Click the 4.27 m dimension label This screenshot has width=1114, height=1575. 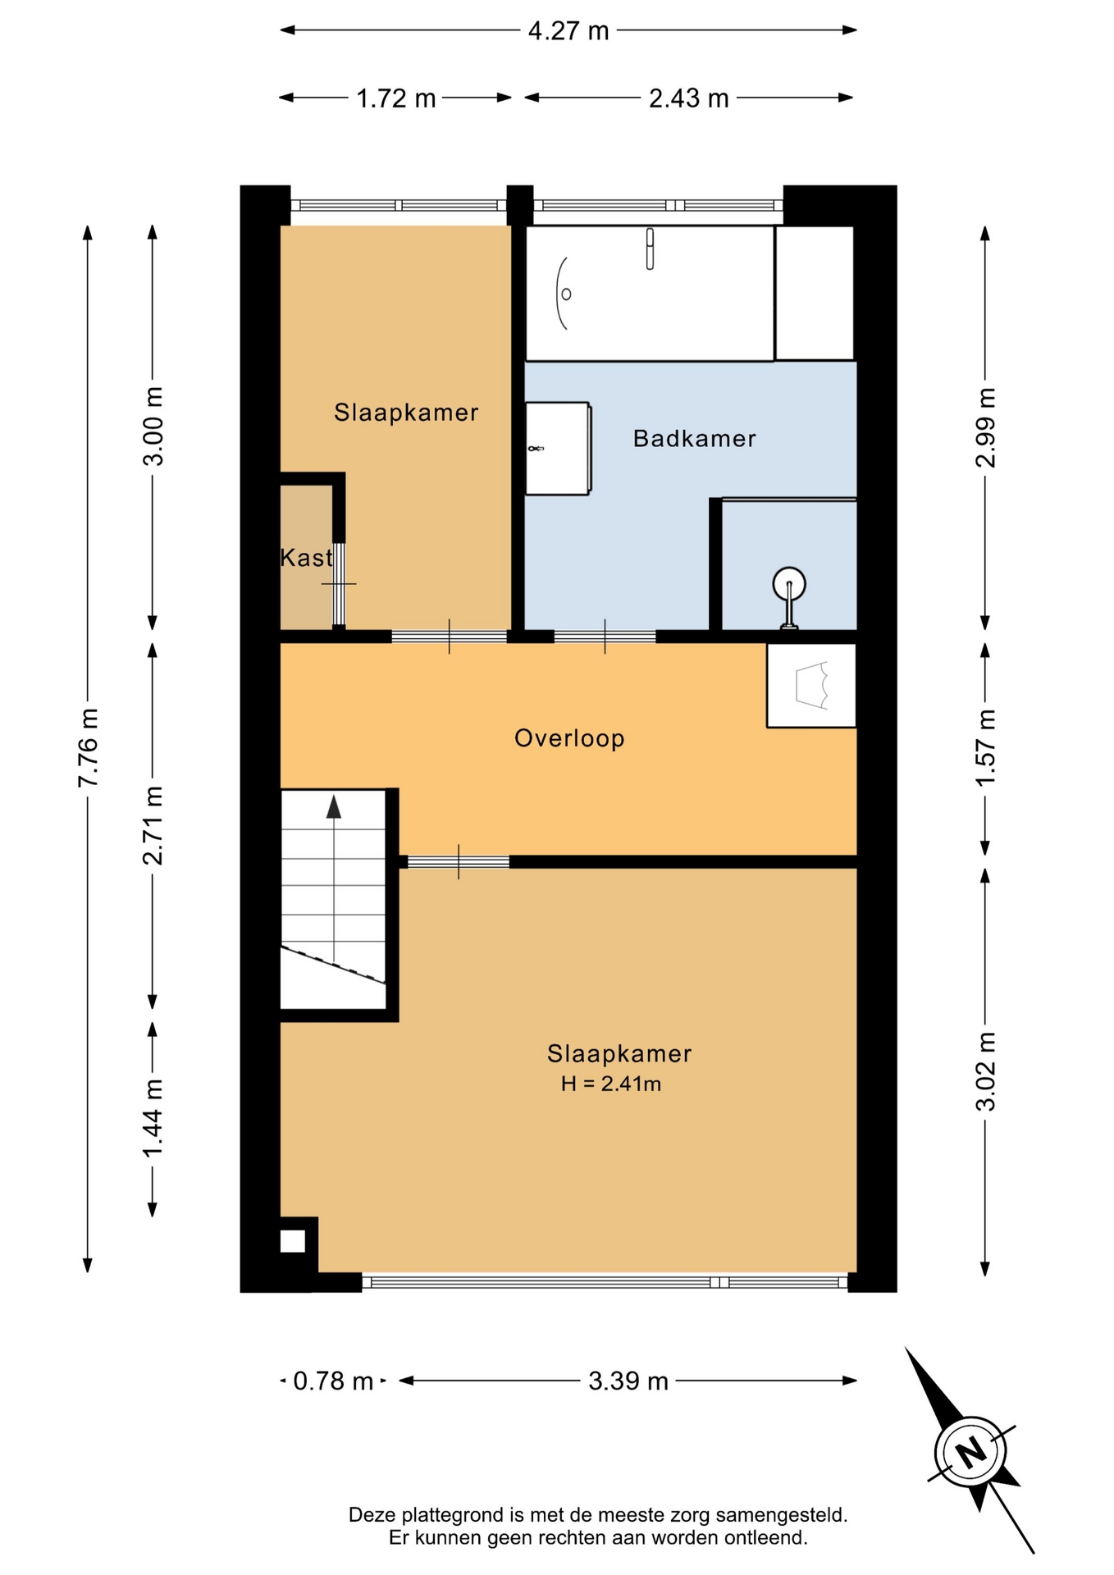pyautogui.click(x=568, y=31)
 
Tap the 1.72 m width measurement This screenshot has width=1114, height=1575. pyautogui.click(x=395, y=98)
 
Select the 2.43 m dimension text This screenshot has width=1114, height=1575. pyautogui.click(x=688, y=98)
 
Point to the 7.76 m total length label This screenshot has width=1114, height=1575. pyautogui.click(x=88, y=747)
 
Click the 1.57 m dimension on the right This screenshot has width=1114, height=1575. pyautogui.click(x=985, y=747)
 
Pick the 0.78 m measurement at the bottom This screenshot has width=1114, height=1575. pyautogui.click(x=333, y=1381)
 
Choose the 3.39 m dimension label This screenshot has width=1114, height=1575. pyautogui.click(x=628, y=1381)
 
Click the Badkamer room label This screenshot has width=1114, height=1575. pyautogui.click(x=694, y=439)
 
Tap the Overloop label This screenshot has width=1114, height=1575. pyautogui.click(x=569, y=738)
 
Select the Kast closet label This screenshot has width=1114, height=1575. pyautogui.click(x=306, y=558)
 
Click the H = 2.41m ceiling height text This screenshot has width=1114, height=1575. pyautogui.click(x=611, y=1084)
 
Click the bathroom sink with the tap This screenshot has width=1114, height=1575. pyautogui.click(x=558, y=449)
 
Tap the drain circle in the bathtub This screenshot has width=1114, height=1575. pyautogui.click(x=566, y=294)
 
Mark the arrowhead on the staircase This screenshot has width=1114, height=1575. pyautogui.click(x=334, y=806)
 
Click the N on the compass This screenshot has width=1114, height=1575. pyautogui.click(x=971, y=1453)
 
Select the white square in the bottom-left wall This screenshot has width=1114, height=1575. pyautogui.click(x=293, y=1241)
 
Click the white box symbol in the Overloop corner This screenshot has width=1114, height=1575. pyautogui.click(x=811, y=685)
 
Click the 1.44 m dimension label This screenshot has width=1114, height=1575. pyautogui.click(x=153, y=1119)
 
